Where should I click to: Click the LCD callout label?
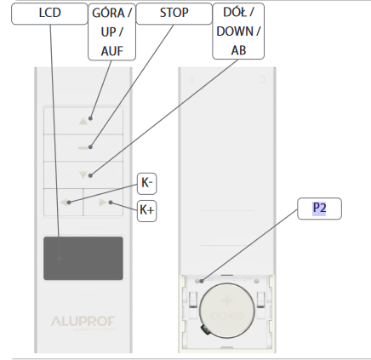(49, 14)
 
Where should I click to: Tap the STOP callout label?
(174, 14)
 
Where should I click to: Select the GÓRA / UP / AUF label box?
(112, 31)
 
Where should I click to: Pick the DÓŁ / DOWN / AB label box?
(238, 31)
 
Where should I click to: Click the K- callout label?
(146, 184)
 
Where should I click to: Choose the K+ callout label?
(146, 211)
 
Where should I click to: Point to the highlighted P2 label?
(319, 209)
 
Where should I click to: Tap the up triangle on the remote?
(83, 122)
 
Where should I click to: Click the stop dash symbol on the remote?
(83, 148)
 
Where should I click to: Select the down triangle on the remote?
(83, 174)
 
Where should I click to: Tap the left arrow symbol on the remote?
(64, 203)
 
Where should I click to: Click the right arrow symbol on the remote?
(102, 203)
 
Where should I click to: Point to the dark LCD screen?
(83, 258)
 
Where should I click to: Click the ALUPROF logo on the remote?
(83, 322)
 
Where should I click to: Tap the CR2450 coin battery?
(227, 311)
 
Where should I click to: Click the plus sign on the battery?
(227, 300)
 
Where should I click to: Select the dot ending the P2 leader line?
(202, 281)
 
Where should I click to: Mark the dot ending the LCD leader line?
(60, 259)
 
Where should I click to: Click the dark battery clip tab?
(205, 329)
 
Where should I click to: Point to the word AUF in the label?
(112, 51)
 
